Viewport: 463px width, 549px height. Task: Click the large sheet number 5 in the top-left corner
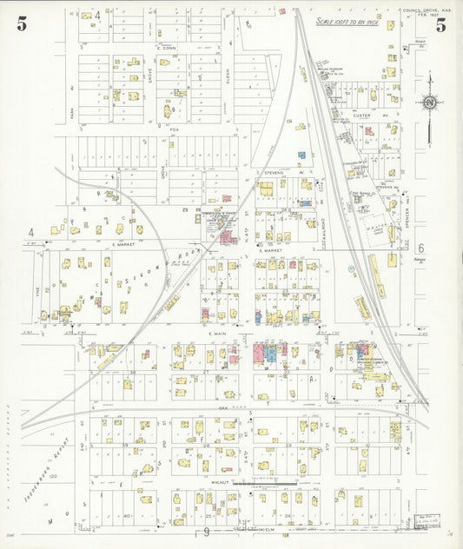pyautogui.click(x=21, y=24)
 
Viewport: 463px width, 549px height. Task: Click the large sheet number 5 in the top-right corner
pyautogui.click(x=440, y=24)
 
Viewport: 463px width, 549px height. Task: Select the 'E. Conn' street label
pyautogui.click(x=166, y=48)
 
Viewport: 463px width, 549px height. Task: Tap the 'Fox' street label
pyautogui.click(x=174, y=130)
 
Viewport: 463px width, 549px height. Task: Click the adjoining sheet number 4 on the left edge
pyautogui.click(x=31, y=233)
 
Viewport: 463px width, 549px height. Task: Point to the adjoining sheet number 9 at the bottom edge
pyautogui.click(x=206, y=531)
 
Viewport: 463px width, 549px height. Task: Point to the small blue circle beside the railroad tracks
pyautogui.click(x=351, y=270)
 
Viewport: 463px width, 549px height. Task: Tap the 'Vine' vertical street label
pyautogui.click(x=38, y=294)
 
